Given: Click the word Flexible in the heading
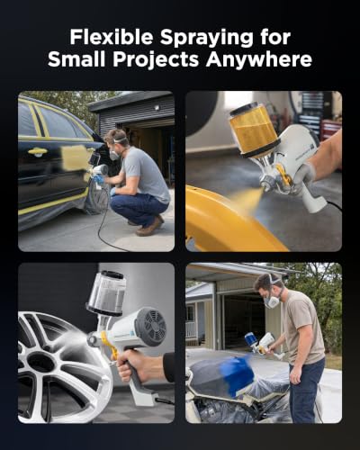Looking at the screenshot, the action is (x=112, y=37).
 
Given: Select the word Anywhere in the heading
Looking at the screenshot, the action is (x=258, y=59).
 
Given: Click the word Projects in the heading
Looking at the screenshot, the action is (x=156, y=59).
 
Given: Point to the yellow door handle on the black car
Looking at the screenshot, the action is (x=38, y=151).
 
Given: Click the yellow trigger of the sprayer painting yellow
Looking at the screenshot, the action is (x=283, y=175).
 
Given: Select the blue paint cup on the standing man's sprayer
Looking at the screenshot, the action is (x=250, y=340).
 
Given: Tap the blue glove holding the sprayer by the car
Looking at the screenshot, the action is (x=98, y=179).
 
